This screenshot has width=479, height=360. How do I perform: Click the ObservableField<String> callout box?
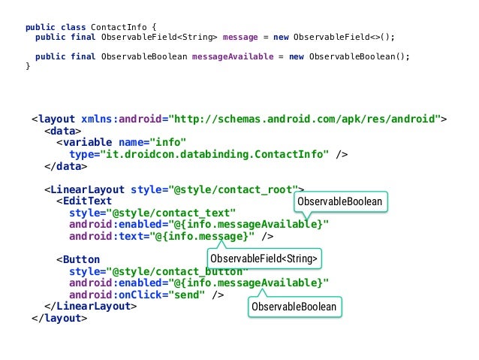[264, 259]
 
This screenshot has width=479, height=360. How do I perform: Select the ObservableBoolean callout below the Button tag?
[294, 307]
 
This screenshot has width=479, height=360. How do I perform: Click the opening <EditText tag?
[83, 201]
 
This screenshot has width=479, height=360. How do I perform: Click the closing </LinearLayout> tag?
[90, 306]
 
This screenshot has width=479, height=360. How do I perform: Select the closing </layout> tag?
[59, 318]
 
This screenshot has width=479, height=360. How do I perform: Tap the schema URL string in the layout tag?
[305, 119]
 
